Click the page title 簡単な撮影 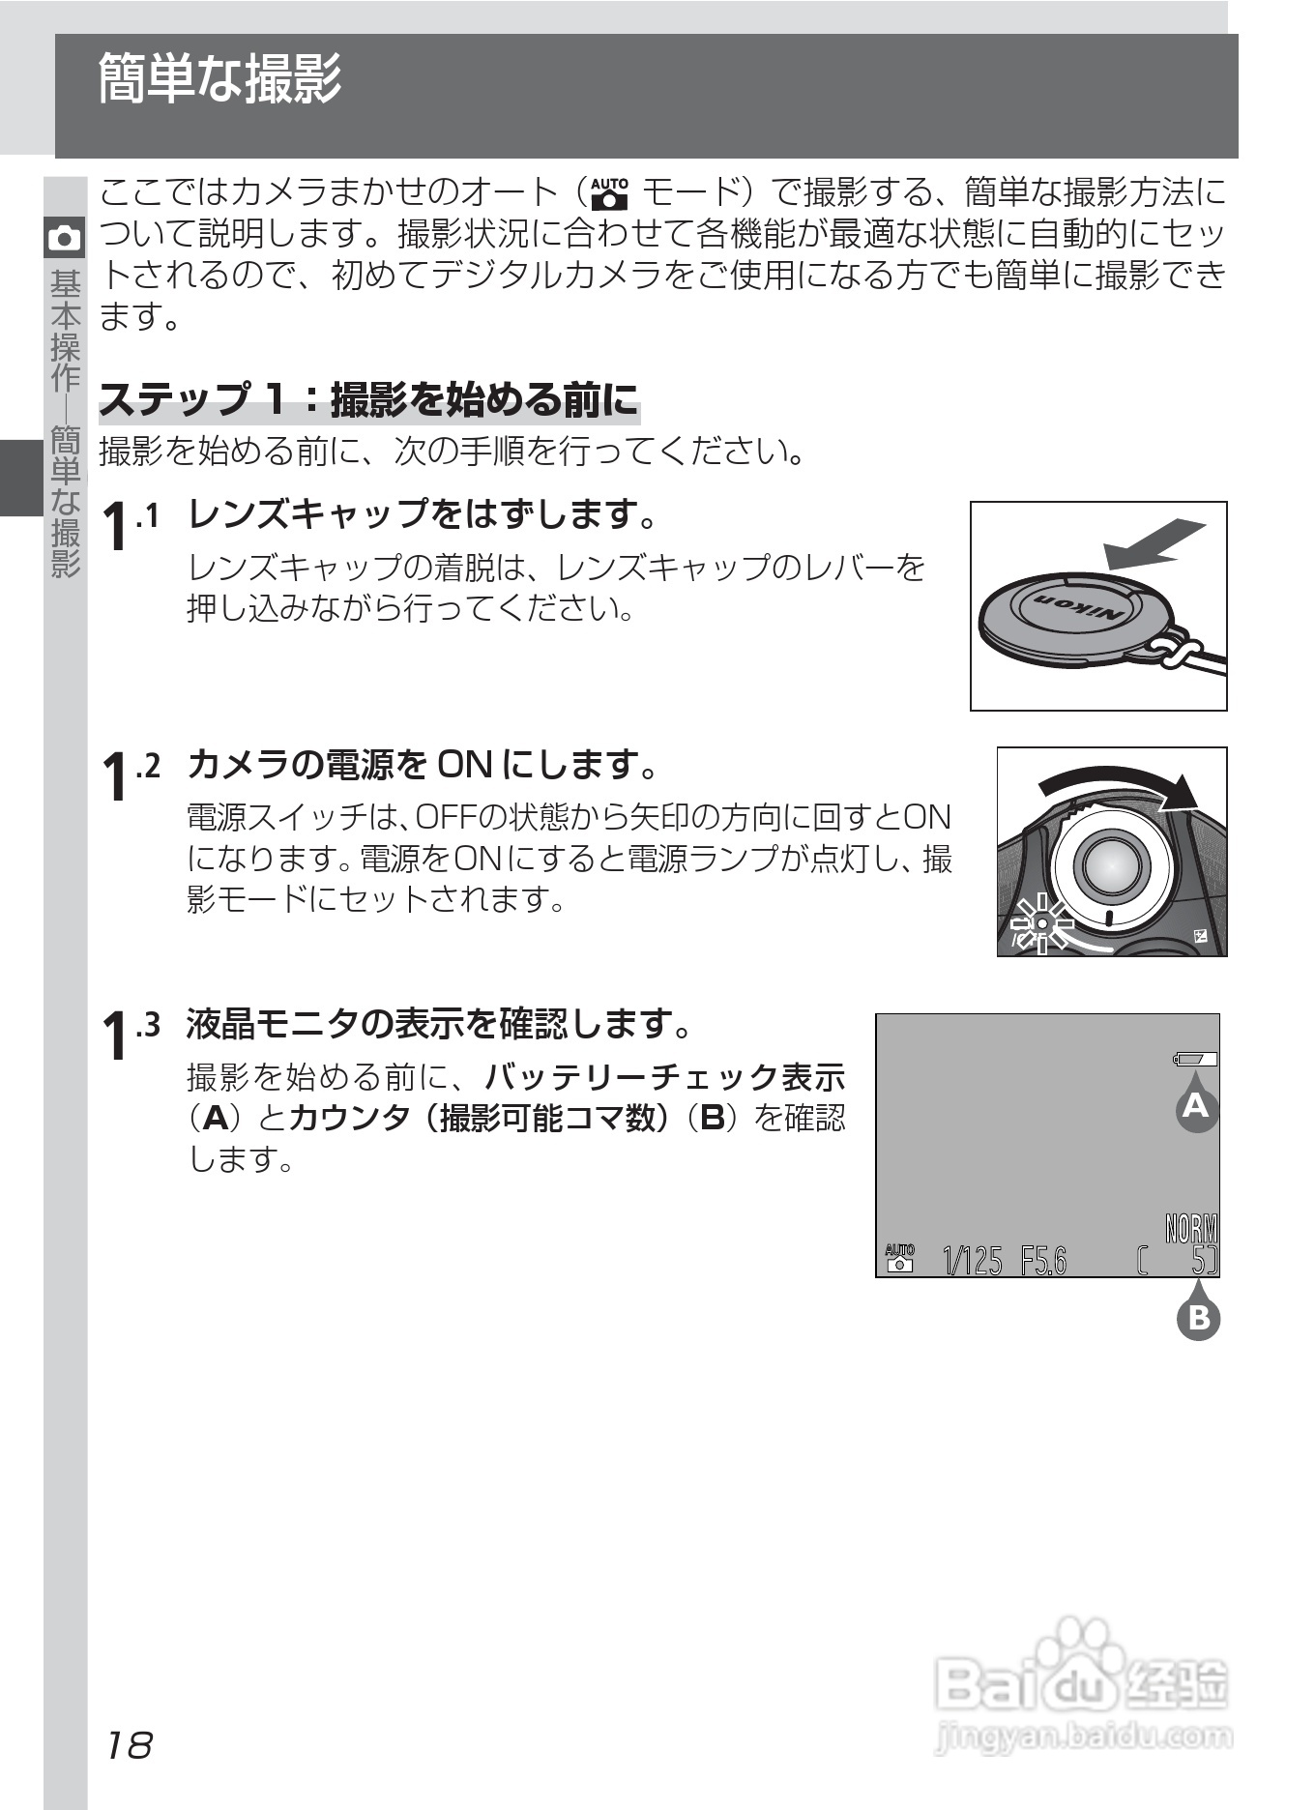[220, 79]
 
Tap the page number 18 [129, 1745]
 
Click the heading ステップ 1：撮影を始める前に [368, 399]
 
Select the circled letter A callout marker [1196, 1105]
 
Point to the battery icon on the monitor [1195, 1059]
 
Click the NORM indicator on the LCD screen [1191, 1229]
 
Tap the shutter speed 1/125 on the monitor [973, 1261]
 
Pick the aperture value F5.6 [1043, 1261]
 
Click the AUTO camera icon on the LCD [899, 1258]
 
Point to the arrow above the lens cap [1156, 543]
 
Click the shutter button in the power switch [1113, 864]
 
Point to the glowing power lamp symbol [1041, 923]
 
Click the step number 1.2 [131, 772]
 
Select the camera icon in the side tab [65, 238]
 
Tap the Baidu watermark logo [1083, 1682]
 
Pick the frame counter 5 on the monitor [1199, 1261]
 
